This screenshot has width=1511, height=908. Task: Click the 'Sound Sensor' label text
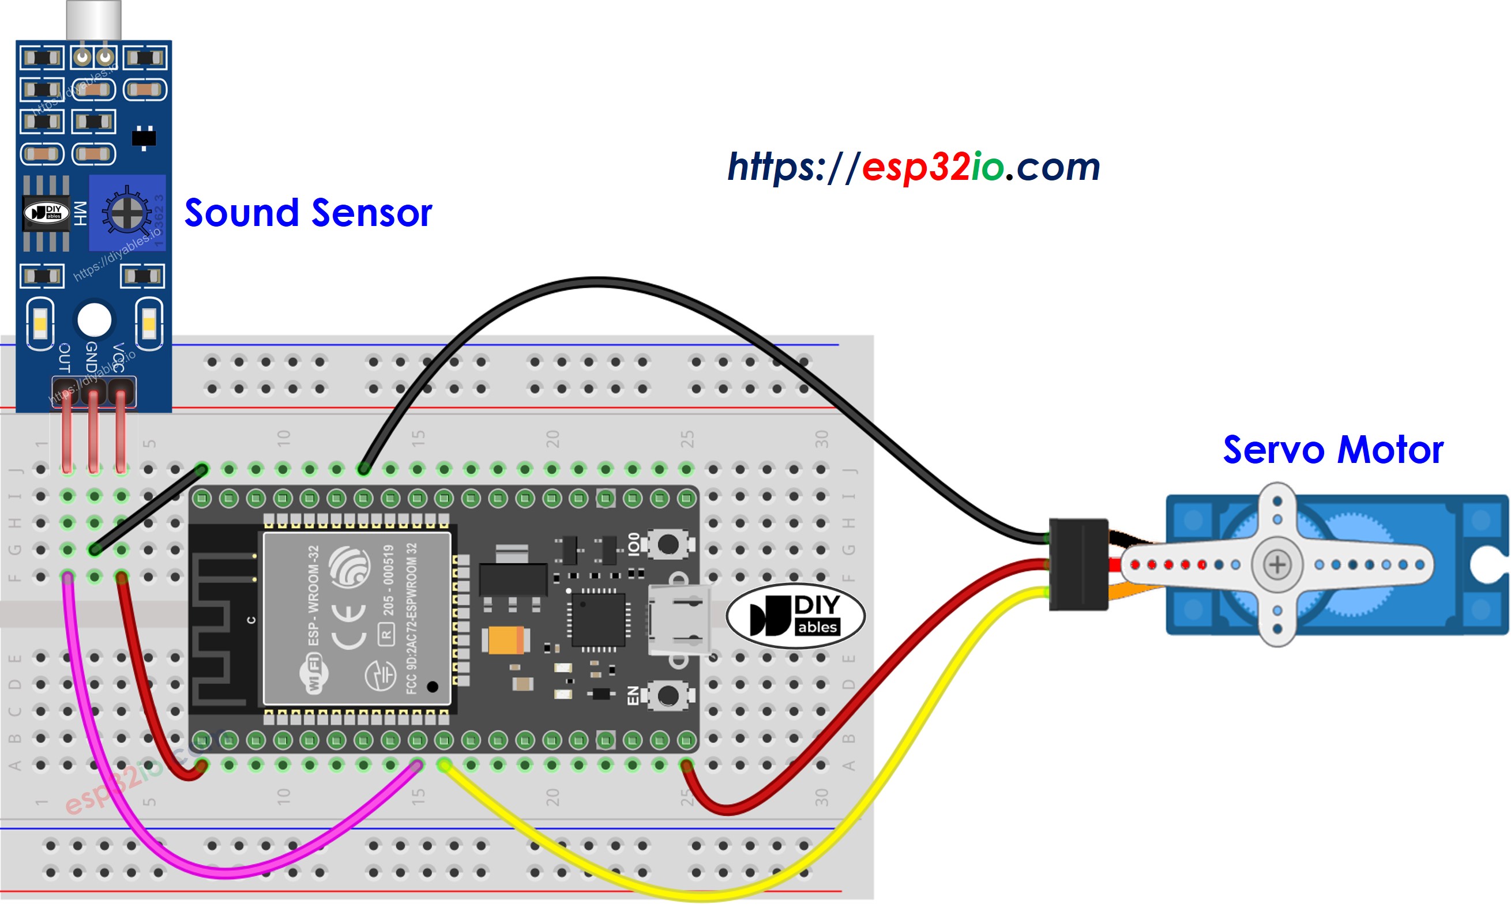click(308, 213)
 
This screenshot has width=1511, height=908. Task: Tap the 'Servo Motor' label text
click(1332, 450)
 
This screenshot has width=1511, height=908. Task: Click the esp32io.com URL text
click(913, 167)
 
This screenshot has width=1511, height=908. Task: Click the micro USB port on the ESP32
click(678, 620)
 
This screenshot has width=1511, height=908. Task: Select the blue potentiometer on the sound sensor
click(127, 212)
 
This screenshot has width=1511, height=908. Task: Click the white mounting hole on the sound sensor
click(94, 319)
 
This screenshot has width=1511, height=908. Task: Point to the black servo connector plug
click(1078, 564)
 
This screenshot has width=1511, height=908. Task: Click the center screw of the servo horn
click(1277, 564)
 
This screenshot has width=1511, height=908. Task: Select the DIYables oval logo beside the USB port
click(794, 616)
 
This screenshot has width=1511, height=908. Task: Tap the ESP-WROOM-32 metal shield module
click(356, 618)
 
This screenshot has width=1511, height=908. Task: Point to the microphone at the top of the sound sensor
click(93, 20)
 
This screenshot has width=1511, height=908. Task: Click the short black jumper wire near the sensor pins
click(147, 510)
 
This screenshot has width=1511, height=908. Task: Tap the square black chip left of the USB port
click(597, 619)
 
